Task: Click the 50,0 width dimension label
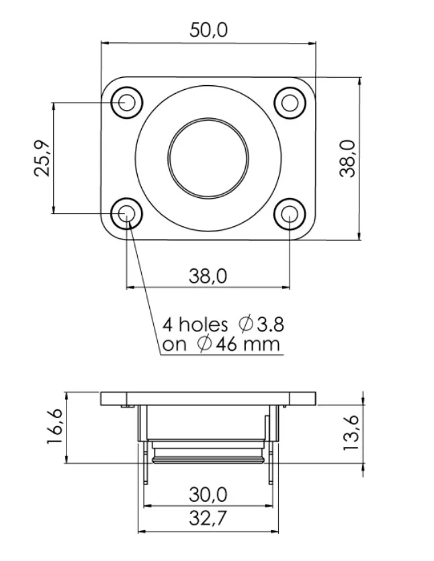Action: (208, 30)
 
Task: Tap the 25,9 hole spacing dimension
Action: (42, 158)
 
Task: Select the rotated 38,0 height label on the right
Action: (347, 158)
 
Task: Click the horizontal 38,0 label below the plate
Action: (208, 276)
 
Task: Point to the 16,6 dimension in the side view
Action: (55, 427)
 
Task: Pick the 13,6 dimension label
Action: (351, 433)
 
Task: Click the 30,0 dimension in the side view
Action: (208, 495)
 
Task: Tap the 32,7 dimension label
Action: (208, 518)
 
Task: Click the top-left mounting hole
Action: (127, 103)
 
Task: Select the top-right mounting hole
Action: (290, 103)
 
